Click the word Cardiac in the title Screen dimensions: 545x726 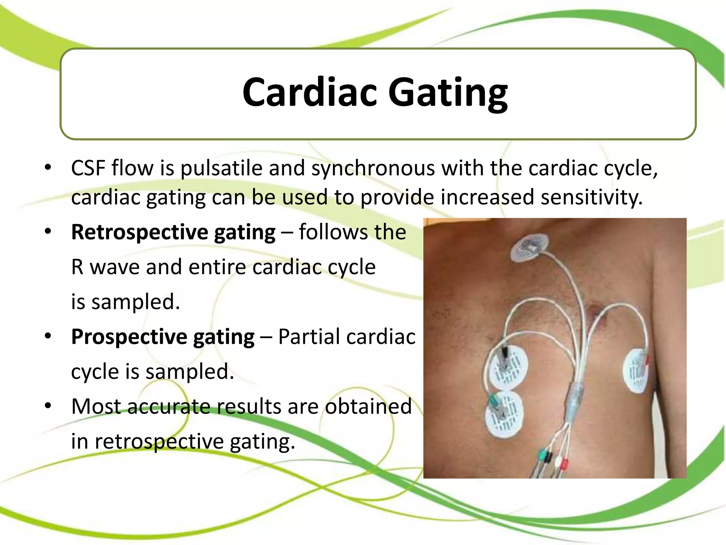(x=309, y=92)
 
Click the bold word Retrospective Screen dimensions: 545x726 (x=140, y=232)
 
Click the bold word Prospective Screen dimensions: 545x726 (x=129, y=337)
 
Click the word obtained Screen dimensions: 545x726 (x=368, y=407)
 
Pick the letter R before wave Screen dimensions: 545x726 (x=77, y=267)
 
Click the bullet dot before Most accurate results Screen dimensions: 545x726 (x=48, y=405)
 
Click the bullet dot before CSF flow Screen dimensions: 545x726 (x=48, y=167)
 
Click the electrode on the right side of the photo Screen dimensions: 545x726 (x=636, y=370)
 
